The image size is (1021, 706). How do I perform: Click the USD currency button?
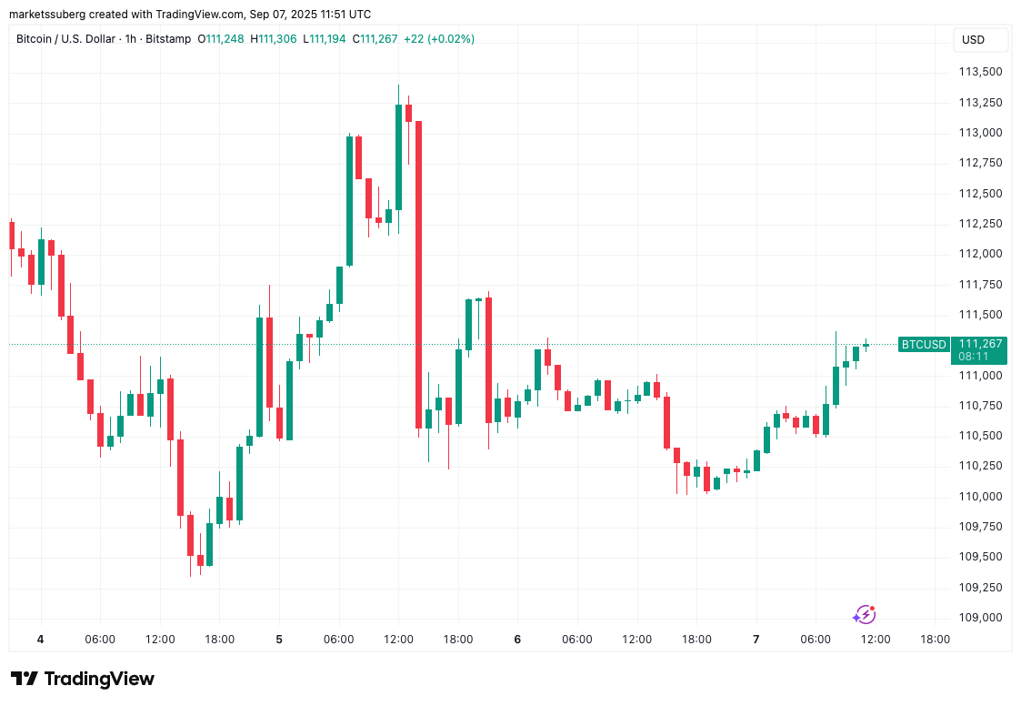tap(973, 40)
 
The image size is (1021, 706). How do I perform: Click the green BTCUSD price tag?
tap(923, 344)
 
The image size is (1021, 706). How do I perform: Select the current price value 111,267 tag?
tap(980, 344)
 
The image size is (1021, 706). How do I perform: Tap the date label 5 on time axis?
tap(279, 640)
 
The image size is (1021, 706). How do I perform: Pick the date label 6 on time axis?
tap(517, 640)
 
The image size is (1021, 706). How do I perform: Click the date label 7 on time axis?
tap(756, 640)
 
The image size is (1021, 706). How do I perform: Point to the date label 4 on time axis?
tap(40, 640)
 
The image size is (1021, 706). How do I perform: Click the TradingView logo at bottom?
tap(83, 679)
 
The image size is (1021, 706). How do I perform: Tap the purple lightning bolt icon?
tap(864, 615)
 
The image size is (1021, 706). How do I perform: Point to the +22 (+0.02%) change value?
tap(438, 39)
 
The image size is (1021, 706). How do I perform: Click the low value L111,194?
tap(324, 39)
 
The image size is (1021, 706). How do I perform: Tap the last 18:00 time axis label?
tap(935, 640)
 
